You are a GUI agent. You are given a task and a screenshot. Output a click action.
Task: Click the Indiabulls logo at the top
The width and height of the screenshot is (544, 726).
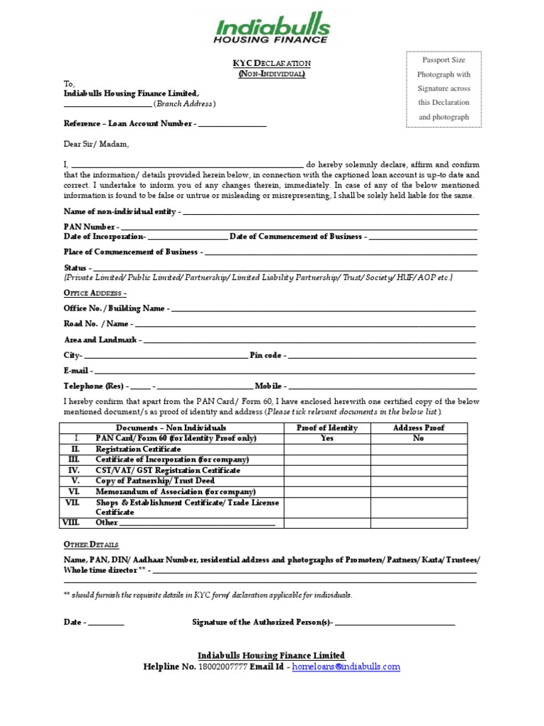click(x=272, y=30)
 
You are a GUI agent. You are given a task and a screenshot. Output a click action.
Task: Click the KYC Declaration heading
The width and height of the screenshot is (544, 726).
click(x=272, y=63)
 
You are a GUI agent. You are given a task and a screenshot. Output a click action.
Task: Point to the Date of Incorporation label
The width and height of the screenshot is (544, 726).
click(x=103, y=237)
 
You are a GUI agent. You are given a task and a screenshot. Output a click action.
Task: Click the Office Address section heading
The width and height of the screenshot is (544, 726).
click(x=95, y=293)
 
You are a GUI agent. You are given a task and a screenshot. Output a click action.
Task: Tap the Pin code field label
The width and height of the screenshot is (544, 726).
click(x=266, y=355)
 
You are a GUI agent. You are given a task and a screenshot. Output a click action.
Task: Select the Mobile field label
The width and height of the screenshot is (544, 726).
click(x=268, y=386)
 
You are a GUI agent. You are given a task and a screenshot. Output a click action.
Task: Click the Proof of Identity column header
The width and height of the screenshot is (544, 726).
click(x=327, y=428)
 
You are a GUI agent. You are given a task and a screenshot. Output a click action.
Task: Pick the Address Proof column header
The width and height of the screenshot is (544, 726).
click(x=419, y=428)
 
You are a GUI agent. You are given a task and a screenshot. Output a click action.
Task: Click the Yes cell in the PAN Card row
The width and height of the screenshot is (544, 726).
click(x=327, y=439)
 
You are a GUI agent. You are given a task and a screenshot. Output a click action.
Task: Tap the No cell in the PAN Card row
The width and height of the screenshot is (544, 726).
click(x=419, y=439)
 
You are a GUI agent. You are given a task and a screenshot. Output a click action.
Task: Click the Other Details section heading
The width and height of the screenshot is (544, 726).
click(x=91, y=544)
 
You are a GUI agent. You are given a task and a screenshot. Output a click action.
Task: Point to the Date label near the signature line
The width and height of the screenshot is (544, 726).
click(x=73, y=622)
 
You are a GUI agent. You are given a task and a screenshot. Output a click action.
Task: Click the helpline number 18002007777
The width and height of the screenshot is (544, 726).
click(x=223, y=667)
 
